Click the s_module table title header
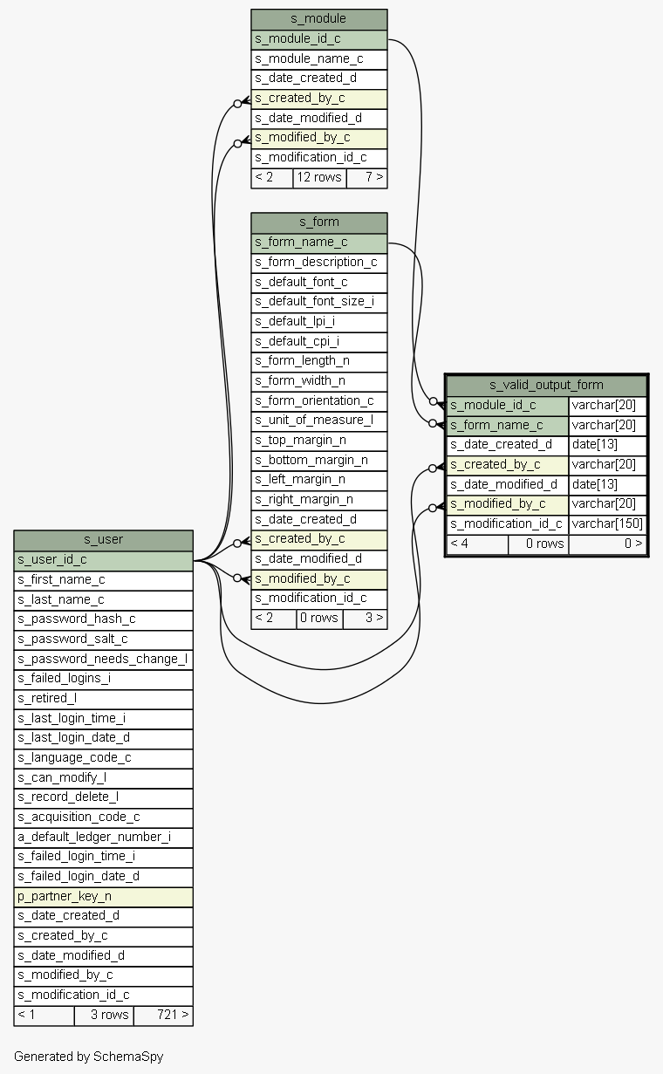pos(318,18)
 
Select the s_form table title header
pos(318,222)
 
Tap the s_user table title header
pos(103,539)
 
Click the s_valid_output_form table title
pos(546,385)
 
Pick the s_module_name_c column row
pos(318,58)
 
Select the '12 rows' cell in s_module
pos(319,177)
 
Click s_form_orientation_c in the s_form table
pos(318,400)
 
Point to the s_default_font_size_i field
pos(318,301)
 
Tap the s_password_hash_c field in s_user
pos(103,619)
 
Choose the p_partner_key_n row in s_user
pos(103,896)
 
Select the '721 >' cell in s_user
pos(163,1015)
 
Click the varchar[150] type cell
pos(607,523)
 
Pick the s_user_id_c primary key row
pos(103,559)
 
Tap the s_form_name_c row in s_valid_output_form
pos(507,425)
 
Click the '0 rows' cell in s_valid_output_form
pos(538,544)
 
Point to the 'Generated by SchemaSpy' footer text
pos(88,1057)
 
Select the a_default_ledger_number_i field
pos(103,837)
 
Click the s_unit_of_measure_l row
pos(318,420)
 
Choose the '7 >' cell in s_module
pos(366,177)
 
